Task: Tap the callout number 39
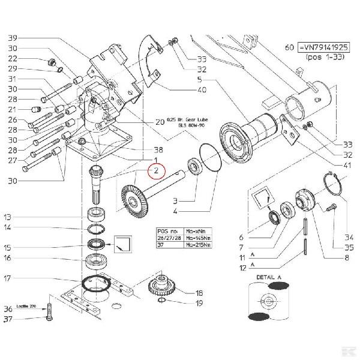click(x=13, y=38)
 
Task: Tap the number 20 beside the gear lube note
click(x=160, y=122)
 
